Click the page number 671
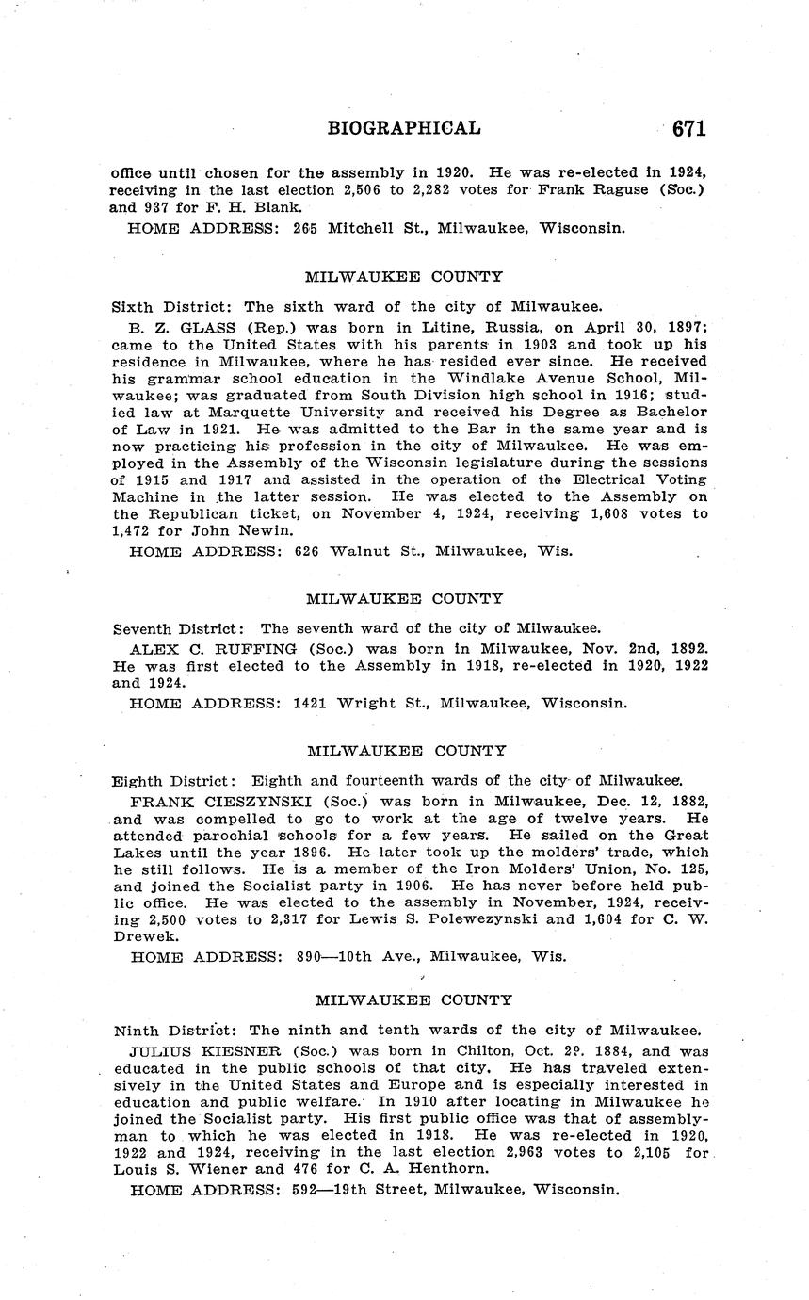point(689,128)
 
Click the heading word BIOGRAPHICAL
point(404,128)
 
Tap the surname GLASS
point(189,326)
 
